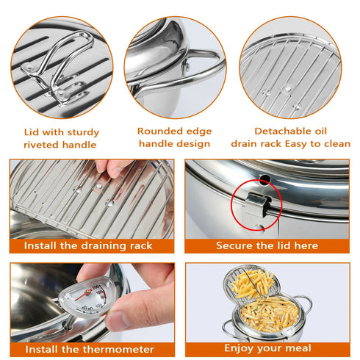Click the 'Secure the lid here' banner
point(267,245)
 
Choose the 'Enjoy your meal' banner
point(267,348)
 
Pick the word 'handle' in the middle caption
point(155,144)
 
